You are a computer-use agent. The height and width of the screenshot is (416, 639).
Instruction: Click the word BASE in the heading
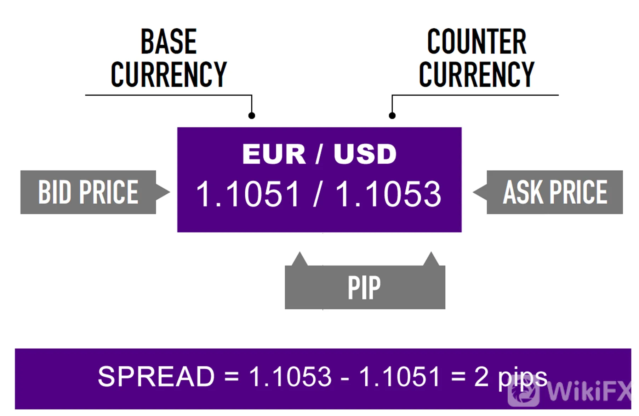[x=169, y=42]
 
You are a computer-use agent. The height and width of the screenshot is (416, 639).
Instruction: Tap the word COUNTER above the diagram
[x=477, y=42]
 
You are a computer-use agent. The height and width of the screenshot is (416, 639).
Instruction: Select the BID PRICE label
[x=88, y=192]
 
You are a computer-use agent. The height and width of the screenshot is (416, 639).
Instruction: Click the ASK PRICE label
[x=555, y=192]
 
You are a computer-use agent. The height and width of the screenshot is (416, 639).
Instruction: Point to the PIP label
[x=364, y=287]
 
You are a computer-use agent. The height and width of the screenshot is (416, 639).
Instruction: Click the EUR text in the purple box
[x=274, y=154]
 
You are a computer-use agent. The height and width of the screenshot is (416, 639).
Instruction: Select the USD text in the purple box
[x=365, y=154]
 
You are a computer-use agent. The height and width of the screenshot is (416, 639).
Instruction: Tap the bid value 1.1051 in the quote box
[x=248, y=194]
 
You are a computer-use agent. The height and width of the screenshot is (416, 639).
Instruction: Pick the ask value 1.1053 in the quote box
[x=388, y=194]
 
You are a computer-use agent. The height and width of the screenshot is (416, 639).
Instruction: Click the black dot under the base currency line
[x=252, y=115]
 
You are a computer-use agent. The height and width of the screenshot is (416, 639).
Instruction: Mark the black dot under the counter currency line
[x=392, y=115]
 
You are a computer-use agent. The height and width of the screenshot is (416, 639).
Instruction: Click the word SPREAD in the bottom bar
[x=156, y=376]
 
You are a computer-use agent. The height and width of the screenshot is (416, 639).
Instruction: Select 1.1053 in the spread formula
[x=290, y=376]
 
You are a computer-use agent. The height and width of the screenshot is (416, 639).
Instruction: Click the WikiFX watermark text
[x=589, y=392]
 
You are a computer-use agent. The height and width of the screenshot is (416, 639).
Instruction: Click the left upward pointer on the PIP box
[x=299, y=259]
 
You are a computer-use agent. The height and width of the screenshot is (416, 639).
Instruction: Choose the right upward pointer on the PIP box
[x=431, y=259]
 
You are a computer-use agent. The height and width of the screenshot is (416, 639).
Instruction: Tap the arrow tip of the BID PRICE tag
[x=170, y=192]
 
